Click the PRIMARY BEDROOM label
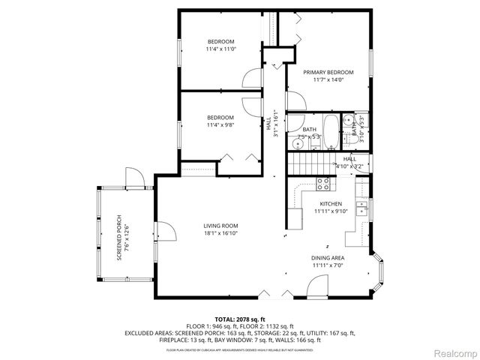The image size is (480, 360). point(328,73)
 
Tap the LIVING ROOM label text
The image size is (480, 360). point(220,226)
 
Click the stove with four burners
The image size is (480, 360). point(325,182)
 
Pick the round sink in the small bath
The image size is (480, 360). point(347,121)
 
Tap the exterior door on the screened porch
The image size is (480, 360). point(133,177)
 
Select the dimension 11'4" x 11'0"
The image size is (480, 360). point(220,49)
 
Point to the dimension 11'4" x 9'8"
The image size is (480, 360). point(220,125)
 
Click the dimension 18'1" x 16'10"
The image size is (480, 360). point(220,233)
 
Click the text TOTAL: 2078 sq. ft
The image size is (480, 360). point(240,319)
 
